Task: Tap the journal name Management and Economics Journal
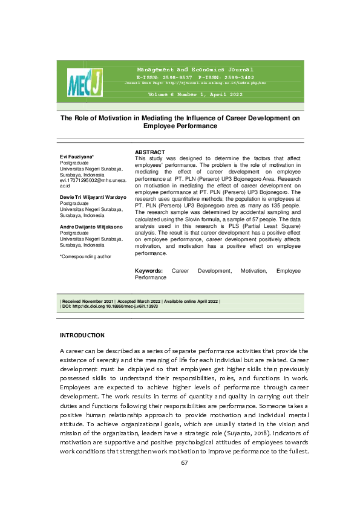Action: [195, 70]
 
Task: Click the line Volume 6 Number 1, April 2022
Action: [195, 96]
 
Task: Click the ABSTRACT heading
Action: [150, 152]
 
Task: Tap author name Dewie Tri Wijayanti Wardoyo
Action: [93, 197]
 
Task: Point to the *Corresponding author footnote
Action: [85, 257]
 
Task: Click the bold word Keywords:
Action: [149, 271]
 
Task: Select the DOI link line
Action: [110, 306]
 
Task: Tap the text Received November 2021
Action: [87, 301]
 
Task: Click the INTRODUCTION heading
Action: [82, 336]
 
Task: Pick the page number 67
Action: [185, 462]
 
